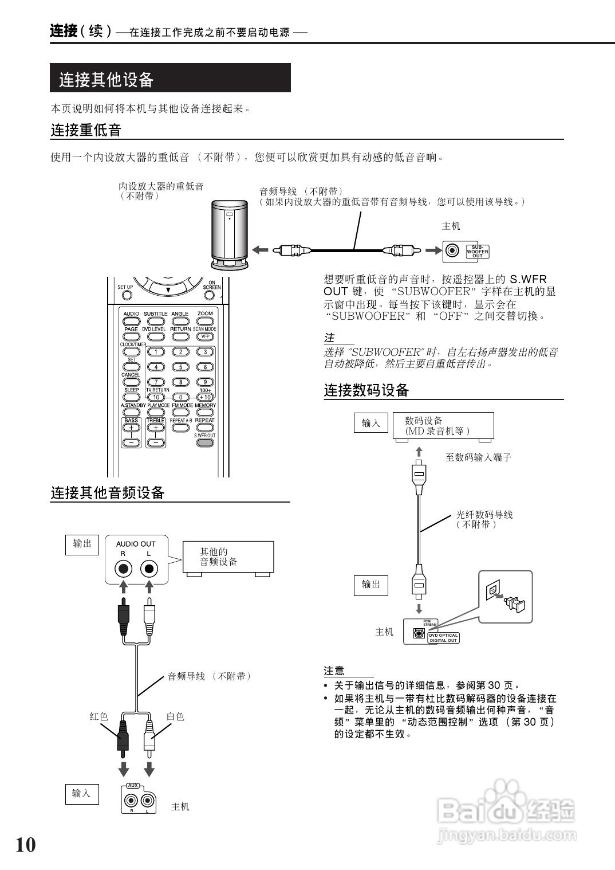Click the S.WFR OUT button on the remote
coord(204,442)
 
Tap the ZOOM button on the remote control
coord(204,321)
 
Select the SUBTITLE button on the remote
coord(155,321)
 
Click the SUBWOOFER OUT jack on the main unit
coord(453,250)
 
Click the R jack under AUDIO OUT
coord(123,569)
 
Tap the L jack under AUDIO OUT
coord(149,569)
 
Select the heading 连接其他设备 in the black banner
coord(107,80)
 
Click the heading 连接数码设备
coord(366,391)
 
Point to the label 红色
coord(98,716)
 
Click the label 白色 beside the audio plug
coord(175,716)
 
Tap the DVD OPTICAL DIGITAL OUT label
coord(443,638)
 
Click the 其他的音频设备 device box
coord(228,557)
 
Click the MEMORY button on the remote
coord(204,412)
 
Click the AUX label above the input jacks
coord(133,785)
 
